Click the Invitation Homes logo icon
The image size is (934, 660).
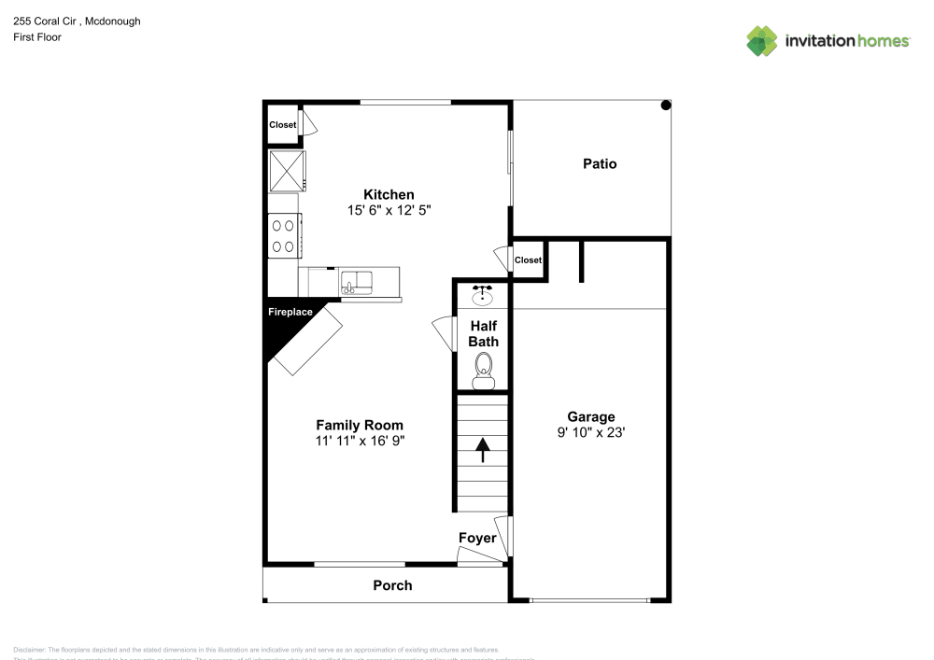click(x=761, y=40)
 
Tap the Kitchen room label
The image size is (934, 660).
click(x=389, y=194)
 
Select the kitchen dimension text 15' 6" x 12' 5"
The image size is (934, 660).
click(x=389, y=211)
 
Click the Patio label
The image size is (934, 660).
click(x=600, y=163)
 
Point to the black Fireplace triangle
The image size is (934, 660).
click(x=285, y=327)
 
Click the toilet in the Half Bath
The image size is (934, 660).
click(x=483, y=372)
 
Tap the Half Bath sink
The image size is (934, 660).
click(x=483, y=297)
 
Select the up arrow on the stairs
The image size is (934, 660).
click(x=483, y=452)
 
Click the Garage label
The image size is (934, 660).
click(x=591, y=416)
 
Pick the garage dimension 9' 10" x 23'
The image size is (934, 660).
click(x=591, y=433)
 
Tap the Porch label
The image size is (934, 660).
click(x=392, y=585)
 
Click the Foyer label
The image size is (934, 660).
click(x=476, y=538)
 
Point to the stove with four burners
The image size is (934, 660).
click(x=285, y=235)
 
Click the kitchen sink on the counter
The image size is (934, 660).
click(x=355, y=281)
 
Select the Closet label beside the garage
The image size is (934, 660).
click(x=528, y=260)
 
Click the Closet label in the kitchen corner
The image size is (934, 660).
click(x=282, y=124)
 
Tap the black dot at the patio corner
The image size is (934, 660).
click(x=666, y=105)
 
